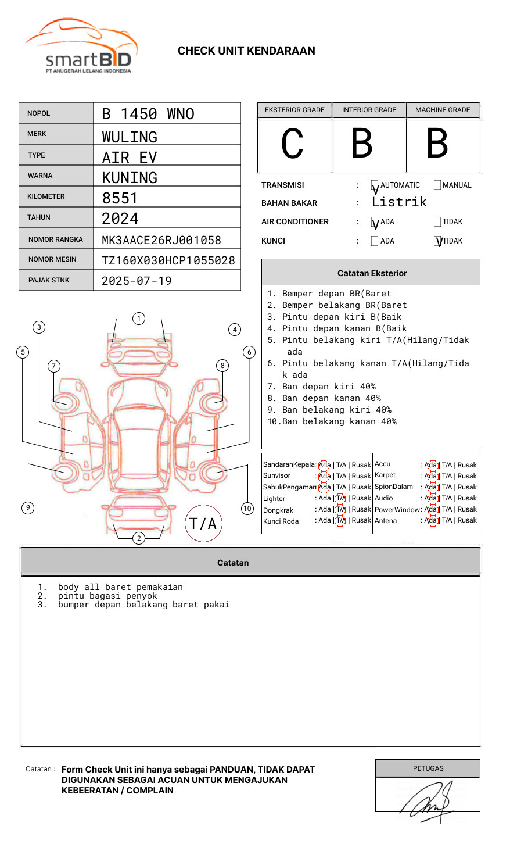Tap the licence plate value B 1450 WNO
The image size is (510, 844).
tap(148, 114)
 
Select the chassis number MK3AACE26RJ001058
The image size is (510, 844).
tap(161, 240)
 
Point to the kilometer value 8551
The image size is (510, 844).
tap(120, 198)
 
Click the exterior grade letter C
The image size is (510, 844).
tap(292, 144)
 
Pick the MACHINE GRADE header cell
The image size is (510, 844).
tap(443, 110)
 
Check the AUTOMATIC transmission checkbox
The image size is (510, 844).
tap(375, 186)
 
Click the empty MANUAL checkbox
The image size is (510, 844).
tap(437, 185)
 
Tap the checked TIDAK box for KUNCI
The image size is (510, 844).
tap(438, 241)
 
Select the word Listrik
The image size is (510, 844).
tap(399, 202)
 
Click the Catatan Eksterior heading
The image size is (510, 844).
tap(372, 273)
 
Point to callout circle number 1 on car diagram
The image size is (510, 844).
tap(138, 319)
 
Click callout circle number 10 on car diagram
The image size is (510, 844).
tap(247, 509)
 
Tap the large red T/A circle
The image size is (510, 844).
tap(203, 523)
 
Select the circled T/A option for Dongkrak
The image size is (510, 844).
tap(340, 509)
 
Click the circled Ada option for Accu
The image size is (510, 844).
tap(431, 465)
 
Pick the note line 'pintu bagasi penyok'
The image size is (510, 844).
tap(107, 596)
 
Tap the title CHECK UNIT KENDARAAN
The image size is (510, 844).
tap(246, 51)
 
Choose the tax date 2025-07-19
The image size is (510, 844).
tap(137, 281)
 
